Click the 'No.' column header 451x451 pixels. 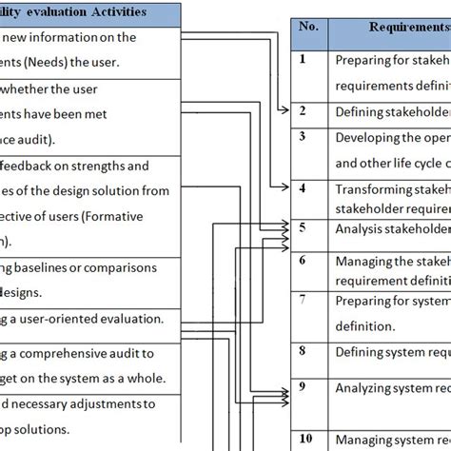coord(308,28)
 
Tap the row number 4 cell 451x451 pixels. coord(302,188)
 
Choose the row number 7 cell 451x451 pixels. coord(302,299)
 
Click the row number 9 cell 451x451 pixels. coord(302,386)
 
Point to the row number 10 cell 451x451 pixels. coord(304,438)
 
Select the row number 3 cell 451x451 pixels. coord(302,136)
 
